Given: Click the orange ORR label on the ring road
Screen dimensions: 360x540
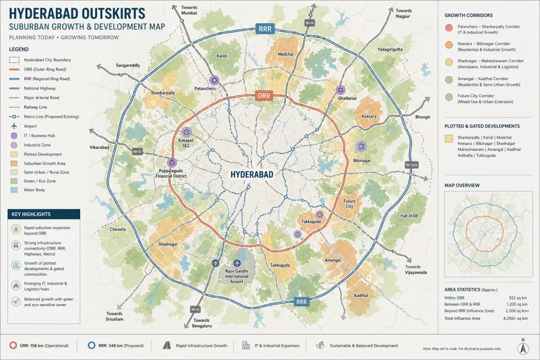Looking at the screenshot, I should coord(263,96).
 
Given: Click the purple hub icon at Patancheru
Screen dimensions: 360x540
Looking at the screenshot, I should coord(214,80).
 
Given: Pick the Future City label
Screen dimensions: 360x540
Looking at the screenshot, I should coord(349,204).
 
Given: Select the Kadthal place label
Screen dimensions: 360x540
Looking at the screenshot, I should coord(361,295).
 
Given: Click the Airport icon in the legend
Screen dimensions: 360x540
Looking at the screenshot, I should coord(12,127).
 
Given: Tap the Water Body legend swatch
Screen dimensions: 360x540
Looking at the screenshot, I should coord(13,190).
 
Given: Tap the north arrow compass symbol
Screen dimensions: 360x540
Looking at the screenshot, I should coord(523,348).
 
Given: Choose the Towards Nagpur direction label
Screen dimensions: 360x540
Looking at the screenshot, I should coord(403,14).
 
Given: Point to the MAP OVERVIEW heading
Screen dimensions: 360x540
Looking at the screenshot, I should coord(462,186).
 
